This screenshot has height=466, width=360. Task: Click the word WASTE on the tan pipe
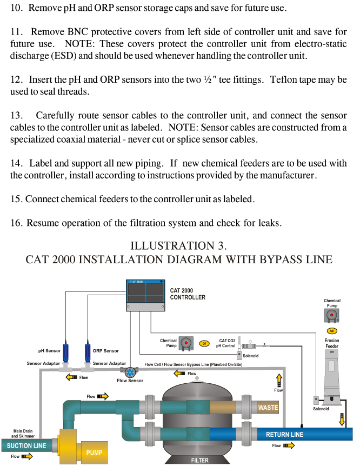[x=268, y=407]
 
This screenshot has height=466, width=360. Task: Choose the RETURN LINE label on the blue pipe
[x=284, y=434]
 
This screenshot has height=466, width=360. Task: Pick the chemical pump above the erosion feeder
[x=332, y=315]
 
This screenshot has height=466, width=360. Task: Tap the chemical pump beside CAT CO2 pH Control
[x=186, y=343]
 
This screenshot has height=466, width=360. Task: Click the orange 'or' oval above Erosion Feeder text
[x=332, y=330]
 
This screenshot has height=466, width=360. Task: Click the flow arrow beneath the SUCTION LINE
[x=26, y=456]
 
